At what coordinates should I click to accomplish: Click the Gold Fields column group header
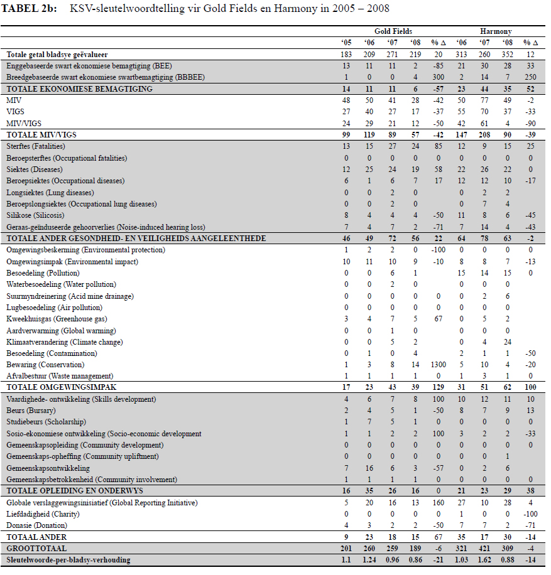393,31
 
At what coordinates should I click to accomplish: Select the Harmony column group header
496,31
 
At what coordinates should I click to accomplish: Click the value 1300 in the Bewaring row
438,365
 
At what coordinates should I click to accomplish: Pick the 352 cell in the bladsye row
508,55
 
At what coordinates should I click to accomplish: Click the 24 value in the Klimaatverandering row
508,342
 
